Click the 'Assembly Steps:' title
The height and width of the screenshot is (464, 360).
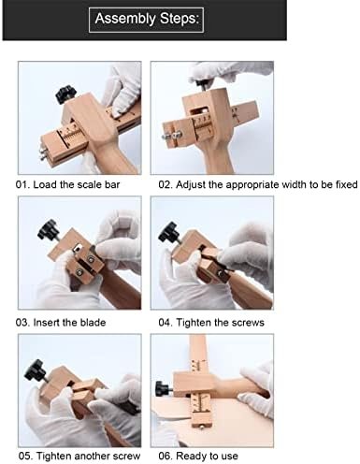[147, 19]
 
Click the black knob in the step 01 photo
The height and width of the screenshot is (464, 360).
[65, 94]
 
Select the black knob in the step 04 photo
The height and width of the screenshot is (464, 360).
[169, 232]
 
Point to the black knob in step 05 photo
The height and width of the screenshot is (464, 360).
[36, 370]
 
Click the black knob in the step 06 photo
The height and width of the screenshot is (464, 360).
[163, 389]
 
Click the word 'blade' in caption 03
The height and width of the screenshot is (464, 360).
[93, 322]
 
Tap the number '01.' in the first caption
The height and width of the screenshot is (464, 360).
[22, 184]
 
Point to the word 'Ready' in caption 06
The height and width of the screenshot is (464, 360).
[190, 457]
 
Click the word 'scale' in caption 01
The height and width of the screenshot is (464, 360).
[90, 184]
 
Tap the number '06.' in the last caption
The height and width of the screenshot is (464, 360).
[166, 457]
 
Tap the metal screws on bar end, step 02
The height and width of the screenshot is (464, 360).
[172, 136]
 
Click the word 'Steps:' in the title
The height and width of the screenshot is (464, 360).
[180, 19]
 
